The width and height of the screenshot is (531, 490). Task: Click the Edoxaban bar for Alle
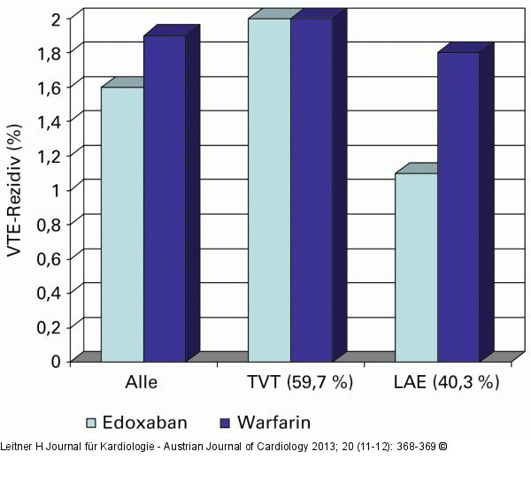pyautogui.click(x=122, y=223)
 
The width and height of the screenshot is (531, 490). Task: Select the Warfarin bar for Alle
pyautogui.click(x=165, y=197)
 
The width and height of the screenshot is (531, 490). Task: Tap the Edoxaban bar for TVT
pyautogui.click(x=269, y=189)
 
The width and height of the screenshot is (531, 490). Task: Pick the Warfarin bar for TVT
pyautogui.click(x=312, y=189)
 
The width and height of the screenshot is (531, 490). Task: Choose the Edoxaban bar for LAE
pyautogui.click(x=416, y=266)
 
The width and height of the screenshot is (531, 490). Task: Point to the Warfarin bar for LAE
pyautogui.click(x=458, y=206)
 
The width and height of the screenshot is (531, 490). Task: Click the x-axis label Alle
pyautogui.click(x=143, y=383)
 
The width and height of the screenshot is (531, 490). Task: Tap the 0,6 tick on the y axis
pyautogui.click(x=49, y=258)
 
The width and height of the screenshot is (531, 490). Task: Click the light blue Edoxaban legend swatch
pyautogui.click(x=90, y=421)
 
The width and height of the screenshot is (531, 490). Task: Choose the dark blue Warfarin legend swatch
pyautogui.click(x=221, y=421)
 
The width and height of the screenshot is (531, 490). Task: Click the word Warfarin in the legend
pyautogui.click(x=273, y=421)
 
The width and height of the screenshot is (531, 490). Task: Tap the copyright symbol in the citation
pyautogui.click(x=442, y=446)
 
